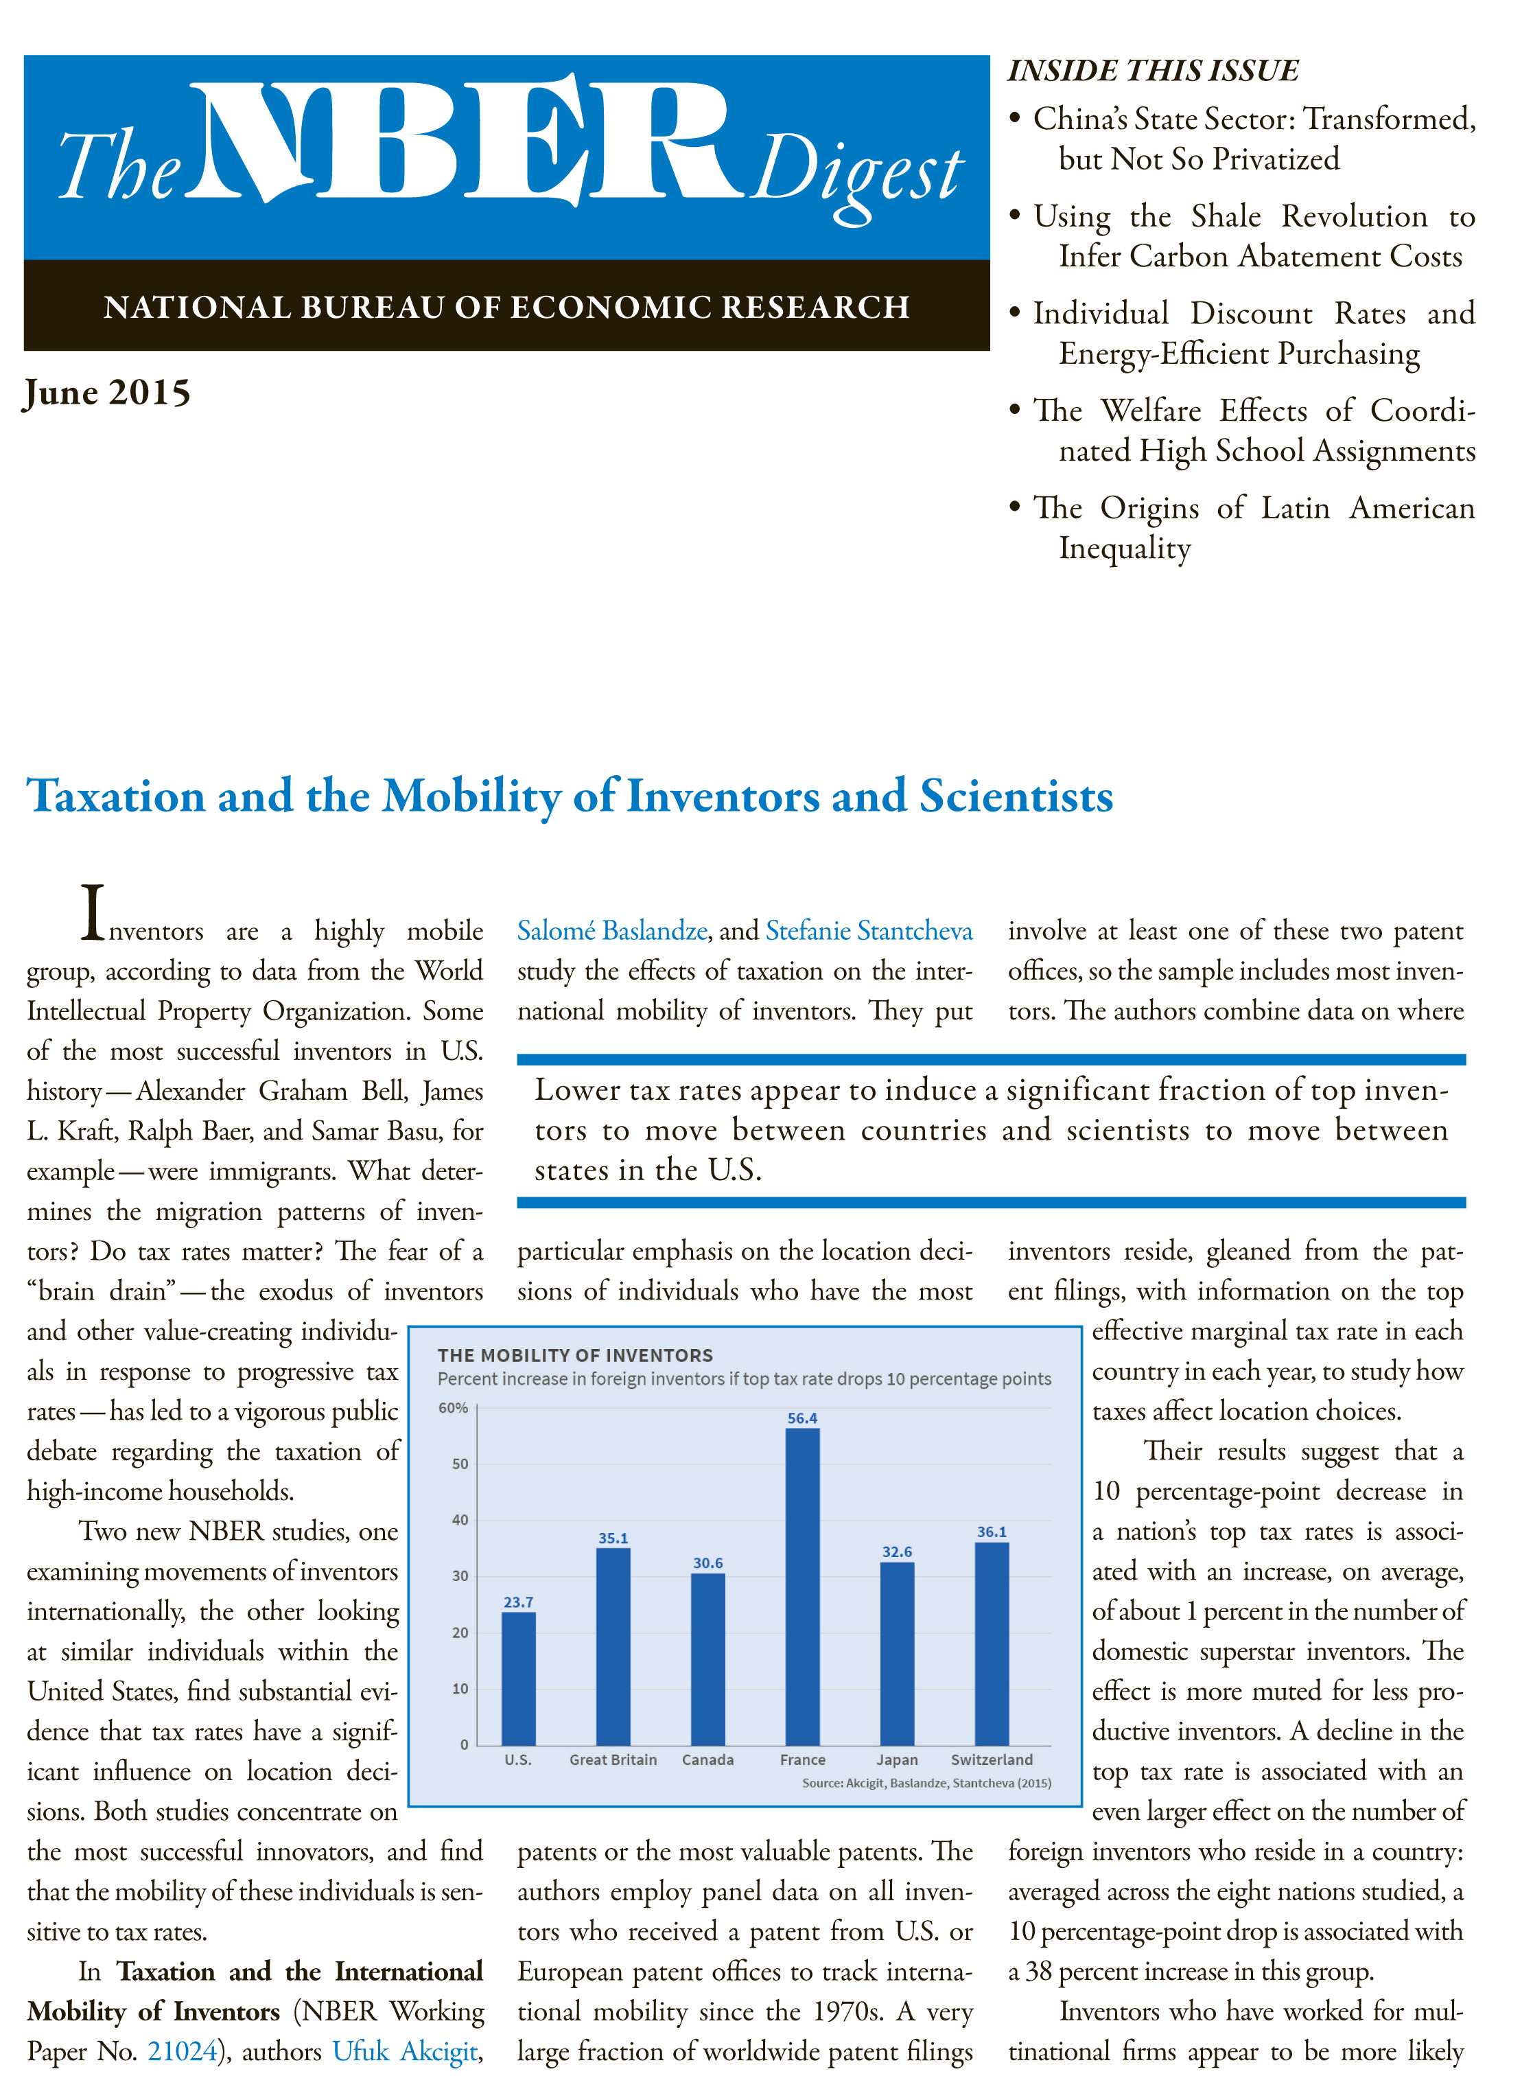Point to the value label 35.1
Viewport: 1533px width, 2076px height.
point(613,1538)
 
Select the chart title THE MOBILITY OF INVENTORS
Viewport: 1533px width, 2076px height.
point(575,1356)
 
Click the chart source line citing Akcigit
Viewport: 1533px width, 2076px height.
point(926,1783)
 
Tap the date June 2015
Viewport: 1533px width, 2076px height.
point(108,393)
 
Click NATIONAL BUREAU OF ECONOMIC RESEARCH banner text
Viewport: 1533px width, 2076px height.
point(506,308)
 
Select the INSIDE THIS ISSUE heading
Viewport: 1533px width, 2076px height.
point(1153,71)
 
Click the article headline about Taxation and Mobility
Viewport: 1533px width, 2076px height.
point(570,796)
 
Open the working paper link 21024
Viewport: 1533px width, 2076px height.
point(182,2050)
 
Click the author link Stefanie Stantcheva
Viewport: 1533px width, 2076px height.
point(869,930)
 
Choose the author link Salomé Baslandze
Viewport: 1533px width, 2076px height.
point(611,930)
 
